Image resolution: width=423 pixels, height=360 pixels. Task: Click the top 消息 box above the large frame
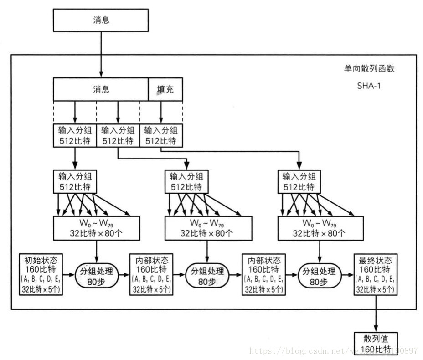point(101,21)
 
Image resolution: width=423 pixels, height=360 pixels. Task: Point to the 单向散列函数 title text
point(369,69)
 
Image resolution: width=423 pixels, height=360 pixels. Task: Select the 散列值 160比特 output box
point(376,344)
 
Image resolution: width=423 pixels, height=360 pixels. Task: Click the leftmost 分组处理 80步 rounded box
point(97,275)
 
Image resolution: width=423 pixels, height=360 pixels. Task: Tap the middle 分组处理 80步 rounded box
point(207,275)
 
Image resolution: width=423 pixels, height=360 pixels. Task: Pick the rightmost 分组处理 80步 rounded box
point(320,275)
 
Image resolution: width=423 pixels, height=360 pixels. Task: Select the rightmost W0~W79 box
point(320,228)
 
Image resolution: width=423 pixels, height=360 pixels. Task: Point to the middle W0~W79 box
point(207,228)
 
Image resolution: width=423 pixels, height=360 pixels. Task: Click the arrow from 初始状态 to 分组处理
point(69,275)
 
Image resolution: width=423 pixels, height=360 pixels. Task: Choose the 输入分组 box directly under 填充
point(160,135)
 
